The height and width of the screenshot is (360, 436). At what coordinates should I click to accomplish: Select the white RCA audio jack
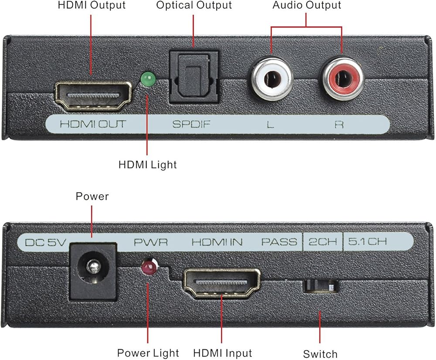point(272,79)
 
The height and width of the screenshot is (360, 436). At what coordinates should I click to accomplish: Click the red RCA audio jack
point(343,79)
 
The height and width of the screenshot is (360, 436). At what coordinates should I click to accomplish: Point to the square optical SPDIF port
point(194,77)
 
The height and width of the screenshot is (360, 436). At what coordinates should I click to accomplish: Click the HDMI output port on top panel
point(93,96)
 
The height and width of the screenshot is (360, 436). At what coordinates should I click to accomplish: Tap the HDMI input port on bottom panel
point(221,283)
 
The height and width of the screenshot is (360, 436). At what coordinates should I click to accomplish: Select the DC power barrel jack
point(93,271)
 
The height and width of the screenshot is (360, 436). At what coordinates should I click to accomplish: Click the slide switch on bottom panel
point(320,286)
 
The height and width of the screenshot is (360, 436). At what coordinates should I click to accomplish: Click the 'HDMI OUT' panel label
point(93,124)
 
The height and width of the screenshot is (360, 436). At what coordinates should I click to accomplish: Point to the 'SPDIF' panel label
point(191,124)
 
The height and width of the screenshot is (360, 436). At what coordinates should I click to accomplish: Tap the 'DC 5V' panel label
point(45,242)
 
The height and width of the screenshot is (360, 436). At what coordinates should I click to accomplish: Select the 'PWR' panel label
point(151,242)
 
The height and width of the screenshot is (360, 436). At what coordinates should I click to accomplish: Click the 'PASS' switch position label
point(279,242)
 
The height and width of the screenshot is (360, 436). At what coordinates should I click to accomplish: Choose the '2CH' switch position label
point(323,242)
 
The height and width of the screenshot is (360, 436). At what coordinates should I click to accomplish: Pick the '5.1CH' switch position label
point(367,241)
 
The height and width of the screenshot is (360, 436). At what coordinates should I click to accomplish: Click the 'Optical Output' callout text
point(194,6)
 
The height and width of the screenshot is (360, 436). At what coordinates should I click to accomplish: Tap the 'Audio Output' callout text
point(307,5)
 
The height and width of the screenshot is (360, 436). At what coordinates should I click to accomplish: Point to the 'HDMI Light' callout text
point(147,165)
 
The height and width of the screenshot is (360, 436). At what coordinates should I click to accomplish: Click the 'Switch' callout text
point(320,354)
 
